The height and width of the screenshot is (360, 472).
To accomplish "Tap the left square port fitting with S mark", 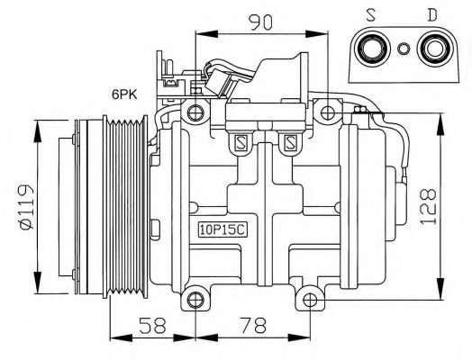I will click(x=241, y=140).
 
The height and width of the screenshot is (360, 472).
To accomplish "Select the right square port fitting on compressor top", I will click(x=290, y=140).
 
